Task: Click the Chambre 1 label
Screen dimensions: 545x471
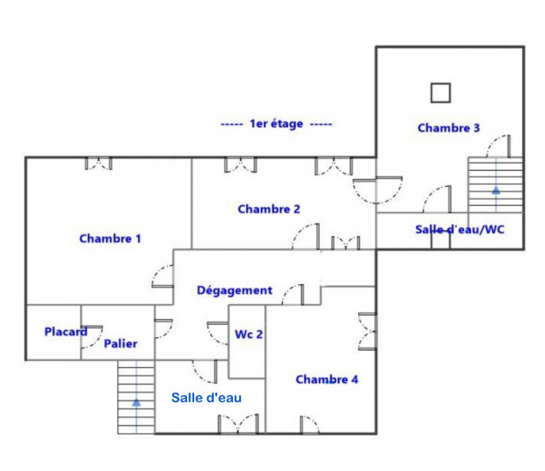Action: pos(110,238)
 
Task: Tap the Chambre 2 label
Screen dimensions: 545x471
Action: pos(269,209)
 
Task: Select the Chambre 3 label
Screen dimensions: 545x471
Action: pos(448,127)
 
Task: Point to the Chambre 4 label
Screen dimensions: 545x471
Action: pos(326,379)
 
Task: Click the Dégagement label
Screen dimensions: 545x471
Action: pos(234,291)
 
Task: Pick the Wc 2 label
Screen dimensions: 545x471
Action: pos(249,334)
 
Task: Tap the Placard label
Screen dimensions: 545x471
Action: pos(66,332)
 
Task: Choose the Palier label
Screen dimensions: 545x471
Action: pos(120,344)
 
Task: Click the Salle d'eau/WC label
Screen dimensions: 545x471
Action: pos(459,230)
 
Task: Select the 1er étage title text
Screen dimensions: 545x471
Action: pos(276,123)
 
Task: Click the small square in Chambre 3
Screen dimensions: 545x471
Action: pos(440,93)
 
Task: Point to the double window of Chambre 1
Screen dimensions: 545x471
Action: pos(99,164)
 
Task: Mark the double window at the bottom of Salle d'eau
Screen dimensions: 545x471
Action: pos(238,424)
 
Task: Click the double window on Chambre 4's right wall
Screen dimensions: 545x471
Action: pos(368,332)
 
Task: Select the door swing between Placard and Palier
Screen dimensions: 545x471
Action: pos(92,337)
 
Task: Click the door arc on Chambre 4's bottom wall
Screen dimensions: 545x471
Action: pos(310,424)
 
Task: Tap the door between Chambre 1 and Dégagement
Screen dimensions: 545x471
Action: pos(162,276)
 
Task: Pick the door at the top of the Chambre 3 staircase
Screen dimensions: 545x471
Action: pos(498,146)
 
